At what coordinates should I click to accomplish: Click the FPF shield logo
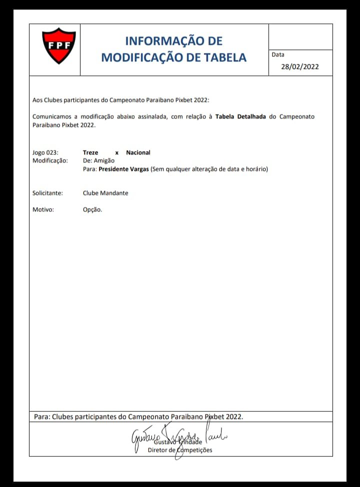(x=58, y=46)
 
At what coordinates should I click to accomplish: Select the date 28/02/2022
(x=299, y=66)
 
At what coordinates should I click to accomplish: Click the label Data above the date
(x=278, y=54)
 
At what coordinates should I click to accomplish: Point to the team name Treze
(x=90, y=152)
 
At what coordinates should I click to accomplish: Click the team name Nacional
(x=138, y=152)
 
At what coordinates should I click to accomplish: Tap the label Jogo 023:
(x=45, y=152)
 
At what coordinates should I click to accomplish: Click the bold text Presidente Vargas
(x=124, y=169)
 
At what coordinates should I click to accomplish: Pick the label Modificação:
(x=50, y=160)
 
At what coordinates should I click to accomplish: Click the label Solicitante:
(x=47, y=193)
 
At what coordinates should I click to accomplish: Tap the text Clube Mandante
(x=105, y=193)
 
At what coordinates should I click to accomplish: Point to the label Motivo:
(x=43, y=209)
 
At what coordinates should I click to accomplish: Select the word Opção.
(x=92, y=209)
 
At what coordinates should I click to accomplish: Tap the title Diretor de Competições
(x=180, y=450)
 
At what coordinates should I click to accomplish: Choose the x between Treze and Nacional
(x=116, y=152)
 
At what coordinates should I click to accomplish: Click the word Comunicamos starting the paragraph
(x=52, y=116)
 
